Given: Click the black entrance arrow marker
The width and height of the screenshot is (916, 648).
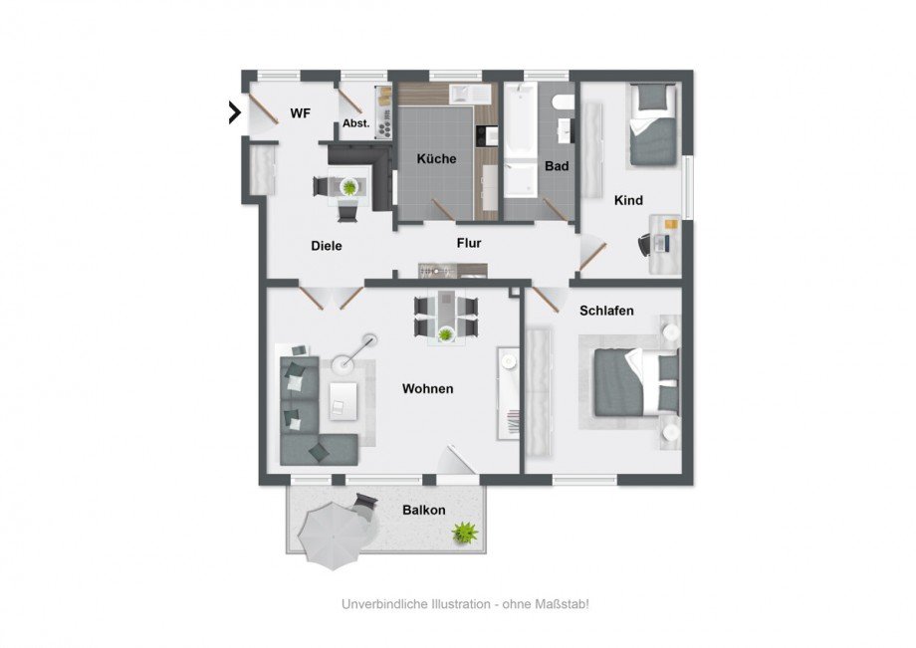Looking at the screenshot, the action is coord(235,112).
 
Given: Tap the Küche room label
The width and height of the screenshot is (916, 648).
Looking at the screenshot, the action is coord(436,159).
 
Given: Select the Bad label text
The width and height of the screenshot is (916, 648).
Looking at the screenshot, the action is coord(557,166).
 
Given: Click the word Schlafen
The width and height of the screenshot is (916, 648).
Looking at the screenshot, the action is coord(606,311).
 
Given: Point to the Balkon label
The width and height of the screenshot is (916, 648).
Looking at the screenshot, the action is coord(424,511).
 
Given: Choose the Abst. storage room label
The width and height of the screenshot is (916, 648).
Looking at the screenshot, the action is coord(356,123).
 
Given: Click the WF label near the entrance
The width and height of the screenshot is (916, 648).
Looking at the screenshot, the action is coord(301,113).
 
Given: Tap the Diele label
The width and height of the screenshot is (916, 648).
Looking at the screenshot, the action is coord(327,246).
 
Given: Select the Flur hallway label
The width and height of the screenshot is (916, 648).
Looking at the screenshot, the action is coord(469,243).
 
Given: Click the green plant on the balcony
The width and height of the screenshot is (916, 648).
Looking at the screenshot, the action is coord(465,533).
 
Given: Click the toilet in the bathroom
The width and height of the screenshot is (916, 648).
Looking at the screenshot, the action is coord(563,103).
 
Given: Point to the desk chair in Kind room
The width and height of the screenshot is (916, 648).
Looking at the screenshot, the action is coord(645,245).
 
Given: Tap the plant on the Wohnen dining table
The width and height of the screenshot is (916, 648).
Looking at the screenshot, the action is coord(446,334).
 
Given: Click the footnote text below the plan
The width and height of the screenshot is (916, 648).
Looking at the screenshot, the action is coord(466,604).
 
